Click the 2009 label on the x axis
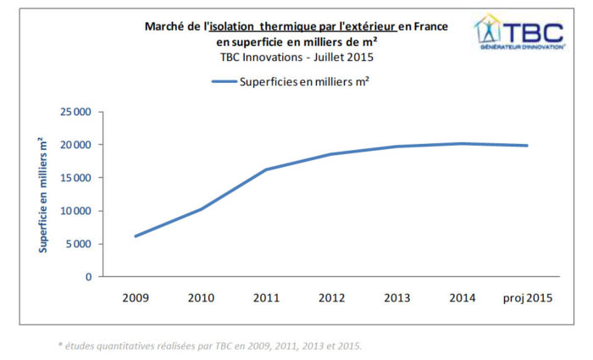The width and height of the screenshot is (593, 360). pyautogui.click(x=136, y=297)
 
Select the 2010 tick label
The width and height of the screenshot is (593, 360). pyautogui.click(x=201, y=297)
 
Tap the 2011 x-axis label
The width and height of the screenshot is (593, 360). pyautogui.click(x=266, y=297)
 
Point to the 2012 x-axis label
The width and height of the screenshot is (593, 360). pyautogui.click(x=331, y=297)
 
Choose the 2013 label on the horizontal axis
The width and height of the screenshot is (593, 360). pyautogui.click(x=396, y=297)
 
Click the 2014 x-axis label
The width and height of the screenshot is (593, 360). pyautogui.click(x=462, y=297)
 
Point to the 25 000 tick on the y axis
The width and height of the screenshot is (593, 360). pyautogui.click(x=75, y=112)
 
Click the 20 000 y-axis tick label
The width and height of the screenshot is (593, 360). pyautogui.click(x=75, y=145)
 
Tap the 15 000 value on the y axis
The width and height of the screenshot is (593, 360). pyautogui.click(x=75, y=178)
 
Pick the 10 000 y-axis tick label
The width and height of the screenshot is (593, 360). pyautogui.click(x=75, y=211)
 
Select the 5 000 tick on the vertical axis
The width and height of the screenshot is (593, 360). pyautogui.click(x=78, y=244)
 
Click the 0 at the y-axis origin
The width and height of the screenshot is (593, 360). pyautogui.click(x=88, y=277)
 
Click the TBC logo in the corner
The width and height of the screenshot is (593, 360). pyautogui.click(x=519, y=33)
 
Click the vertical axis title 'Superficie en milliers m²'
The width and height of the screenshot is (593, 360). pyautogui.click(x=42, y=196)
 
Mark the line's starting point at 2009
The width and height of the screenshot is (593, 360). pyautogui.click(x=136, y=235)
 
